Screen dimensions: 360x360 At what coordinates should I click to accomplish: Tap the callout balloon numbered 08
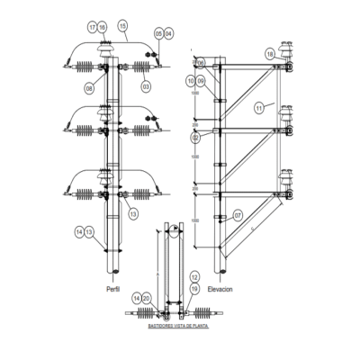[x=90, y=88]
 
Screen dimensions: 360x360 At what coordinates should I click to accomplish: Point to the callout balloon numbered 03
[x=146, y=87]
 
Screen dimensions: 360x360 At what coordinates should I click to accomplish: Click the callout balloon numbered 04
[x=169, y=34]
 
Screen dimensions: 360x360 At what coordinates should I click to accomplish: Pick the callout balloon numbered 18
[x=270, y=55]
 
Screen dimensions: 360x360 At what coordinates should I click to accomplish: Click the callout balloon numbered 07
[x=238, y=215]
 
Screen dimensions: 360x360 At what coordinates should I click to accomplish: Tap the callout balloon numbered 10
[x=191, y=81]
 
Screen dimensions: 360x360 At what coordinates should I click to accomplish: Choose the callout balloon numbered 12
[x=194, y=276]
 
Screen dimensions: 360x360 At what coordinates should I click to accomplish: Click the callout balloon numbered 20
[x=147, y=297]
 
